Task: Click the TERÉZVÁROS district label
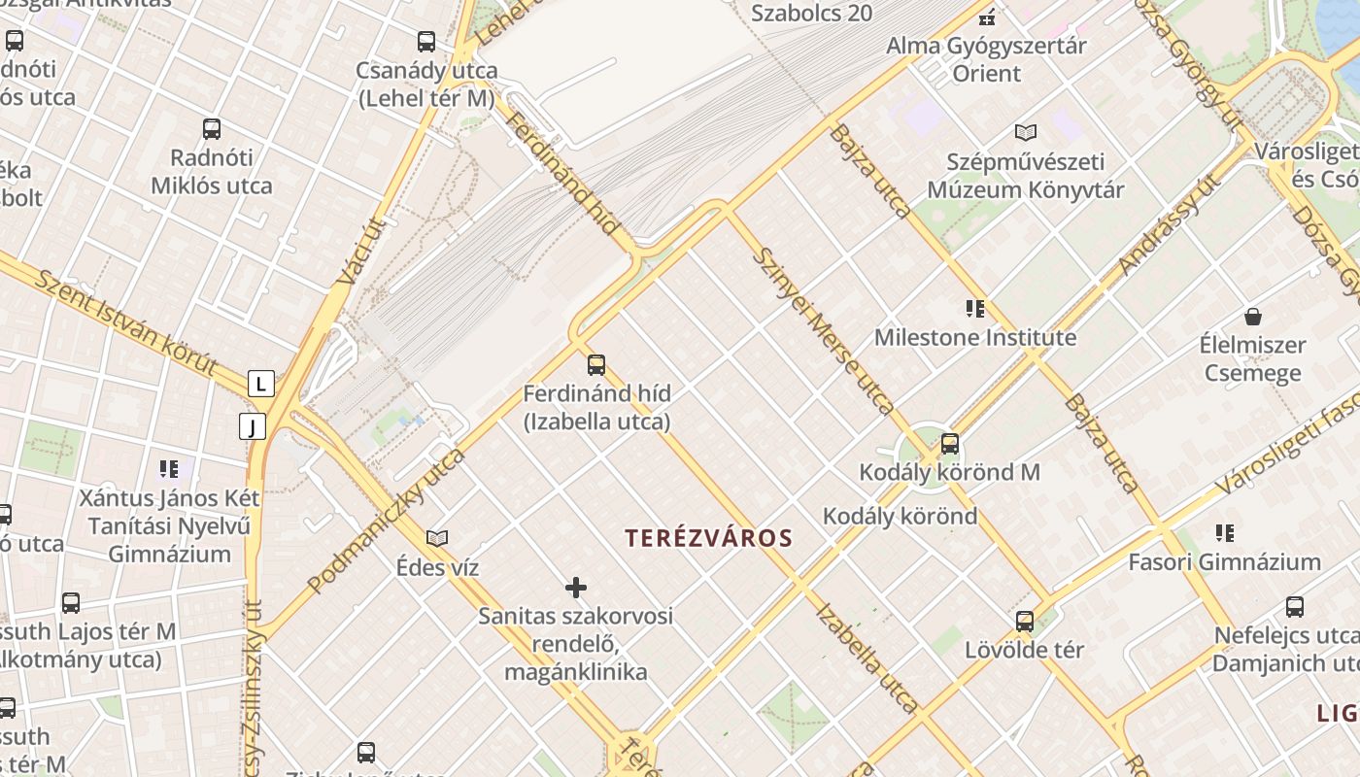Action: coord(709,538)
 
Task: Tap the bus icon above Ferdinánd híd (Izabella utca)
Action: coord(596,365)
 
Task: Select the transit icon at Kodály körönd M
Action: coord(950,444)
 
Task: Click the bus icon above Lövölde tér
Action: coord(1025,621)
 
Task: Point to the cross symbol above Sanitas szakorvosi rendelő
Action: coord(576,588)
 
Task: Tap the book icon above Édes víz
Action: coord(437,538)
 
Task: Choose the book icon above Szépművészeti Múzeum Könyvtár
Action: coord(1026,132)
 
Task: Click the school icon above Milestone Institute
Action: coord(975,309)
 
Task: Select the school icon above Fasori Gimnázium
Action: coord(1225,532)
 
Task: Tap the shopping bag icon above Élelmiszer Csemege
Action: coord(1253,317)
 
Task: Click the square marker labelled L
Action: coord(260,384)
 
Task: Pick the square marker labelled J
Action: coord(253,426)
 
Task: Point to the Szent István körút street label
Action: coord(126,322)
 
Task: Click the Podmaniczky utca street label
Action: coord(387,521)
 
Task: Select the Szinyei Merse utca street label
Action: coord(824,330)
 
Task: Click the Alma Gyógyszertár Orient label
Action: coord(987,59)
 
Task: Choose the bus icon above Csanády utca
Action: coord(426,42)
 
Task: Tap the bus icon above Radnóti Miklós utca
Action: coord(212,129)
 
